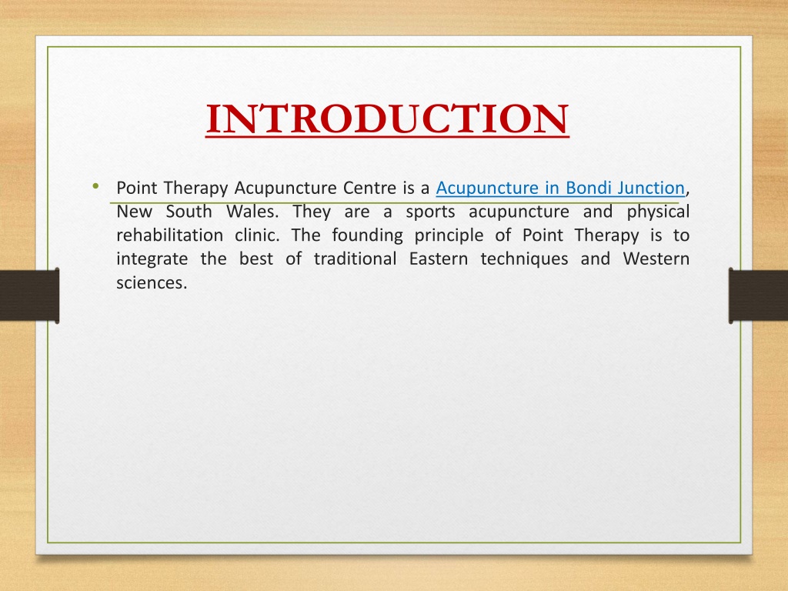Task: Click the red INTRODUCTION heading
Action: pyautogui.click(x=387, y=119)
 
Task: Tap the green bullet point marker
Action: pyautogui.click(x=95, y=186)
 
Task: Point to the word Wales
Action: pyautogui.click(x=252, y=212)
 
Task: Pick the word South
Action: pyautogui.click(x=189, y=212)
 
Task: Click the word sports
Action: pyautogui.click(x=430, y=212)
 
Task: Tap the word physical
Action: pyautogui.click(x=658, y=212)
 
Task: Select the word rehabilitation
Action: pyautogui.click(x=170, y=235)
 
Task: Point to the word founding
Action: pyautogui.click(x=367, y=236)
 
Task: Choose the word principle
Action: pyautogui.click(x=449, y=236)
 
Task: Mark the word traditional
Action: pyautogui.click(x=356, y=259)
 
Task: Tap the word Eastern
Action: pyautogui.click(x=438, y=259)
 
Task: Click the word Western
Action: pyautogui.click(x=656, y=259)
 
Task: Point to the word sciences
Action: pyautogui.click(x=152, y=283)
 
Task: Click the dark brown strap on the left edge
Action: pyautogui.click(x=30, y=295)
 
